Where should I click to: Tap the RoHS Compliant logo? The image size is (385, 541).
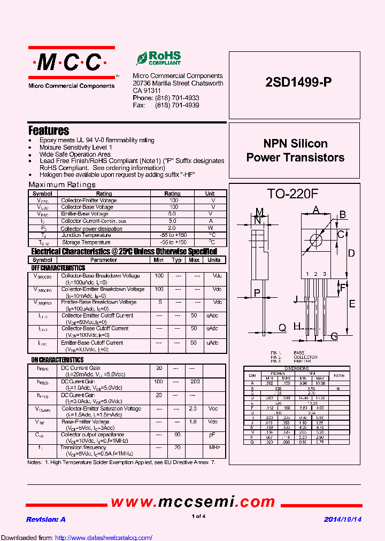coord(158,58)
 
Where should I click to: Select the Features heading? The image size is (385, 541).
coord(49,130)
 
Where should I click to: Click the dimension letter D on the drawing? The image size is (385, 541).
coord(351,253)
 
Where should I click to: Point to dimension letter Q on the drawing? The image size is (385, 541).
coord(282,328)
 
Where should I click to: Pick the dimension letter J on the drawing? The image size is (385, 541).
coord(296,299)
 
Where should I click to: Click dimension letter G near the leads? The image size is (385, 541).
coord(334,336)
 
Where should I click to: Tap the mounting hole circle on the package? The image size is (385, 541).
coord(315,239)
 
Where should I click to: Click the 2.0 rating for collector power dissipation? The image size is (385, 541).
coord(172,228)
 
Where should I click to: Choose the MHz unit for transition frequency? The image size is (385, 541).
coord(214,447)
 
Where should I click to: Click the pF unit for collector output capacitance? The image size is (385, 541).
coord(213,435)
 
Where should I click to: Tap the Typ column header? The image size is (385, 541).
coord(176,260)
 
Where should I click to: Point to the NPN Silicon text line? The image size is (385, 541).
coord(295,144)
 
